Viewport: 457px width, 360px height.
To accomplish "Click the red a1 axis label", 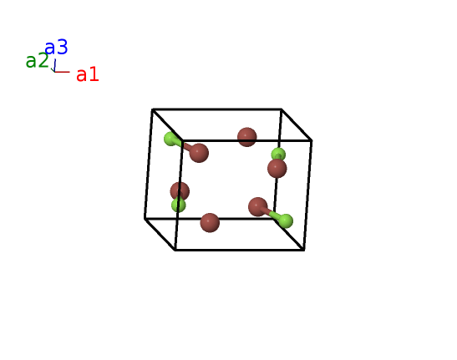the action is (x=88, y=74).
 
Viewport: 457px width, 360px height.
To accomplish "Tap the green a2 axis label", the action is (x=37, y=61).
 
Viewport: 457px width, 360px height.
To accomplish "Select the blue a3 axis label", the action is (x=56, y=48).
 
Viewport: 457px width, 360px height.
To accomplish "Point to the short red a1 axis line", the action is (x=62, y=72).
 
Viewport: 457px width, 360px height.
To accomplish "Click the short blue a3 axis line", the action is (x=55, y=65).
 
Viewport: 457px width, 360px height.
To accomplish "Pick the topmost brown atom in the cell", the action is (x=246, y=137).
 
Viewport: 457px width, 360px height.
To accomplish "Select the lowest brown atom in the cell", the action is (x=210, y=223).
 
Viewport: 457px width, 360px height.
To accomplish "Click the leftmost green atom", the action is (x=170, y=139).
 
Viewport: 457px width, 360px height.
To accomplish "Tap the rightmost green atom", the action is (x=286, y=221).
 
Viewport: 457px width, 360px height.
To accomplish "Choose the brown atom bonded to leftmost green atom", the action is (x=199, y=153).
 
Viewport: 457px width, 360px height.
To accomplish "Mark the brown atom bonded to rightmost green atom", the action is (x=258, y=207).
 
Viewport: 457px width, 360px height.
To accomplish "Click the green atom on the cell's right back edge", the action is (x=278, y=155).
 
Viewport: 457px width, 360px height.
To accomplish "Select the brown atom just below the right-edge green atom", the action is (x=277, y=169).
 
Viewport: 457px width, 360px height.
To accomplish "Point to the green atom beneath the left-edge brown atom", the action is (x=178, y=205).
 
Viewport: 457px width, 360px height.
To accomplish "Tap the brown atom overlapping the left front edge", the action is (x=180, y=191).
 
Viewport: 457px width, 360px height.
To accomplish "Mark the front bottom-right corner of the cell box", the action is (x=304, y=250).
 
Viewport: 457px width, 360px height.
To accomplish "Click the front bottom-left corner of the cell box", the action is (x=175, y=250).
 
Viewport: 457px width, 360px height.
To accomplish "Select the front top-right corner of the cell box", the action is (x=312, y=141).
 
